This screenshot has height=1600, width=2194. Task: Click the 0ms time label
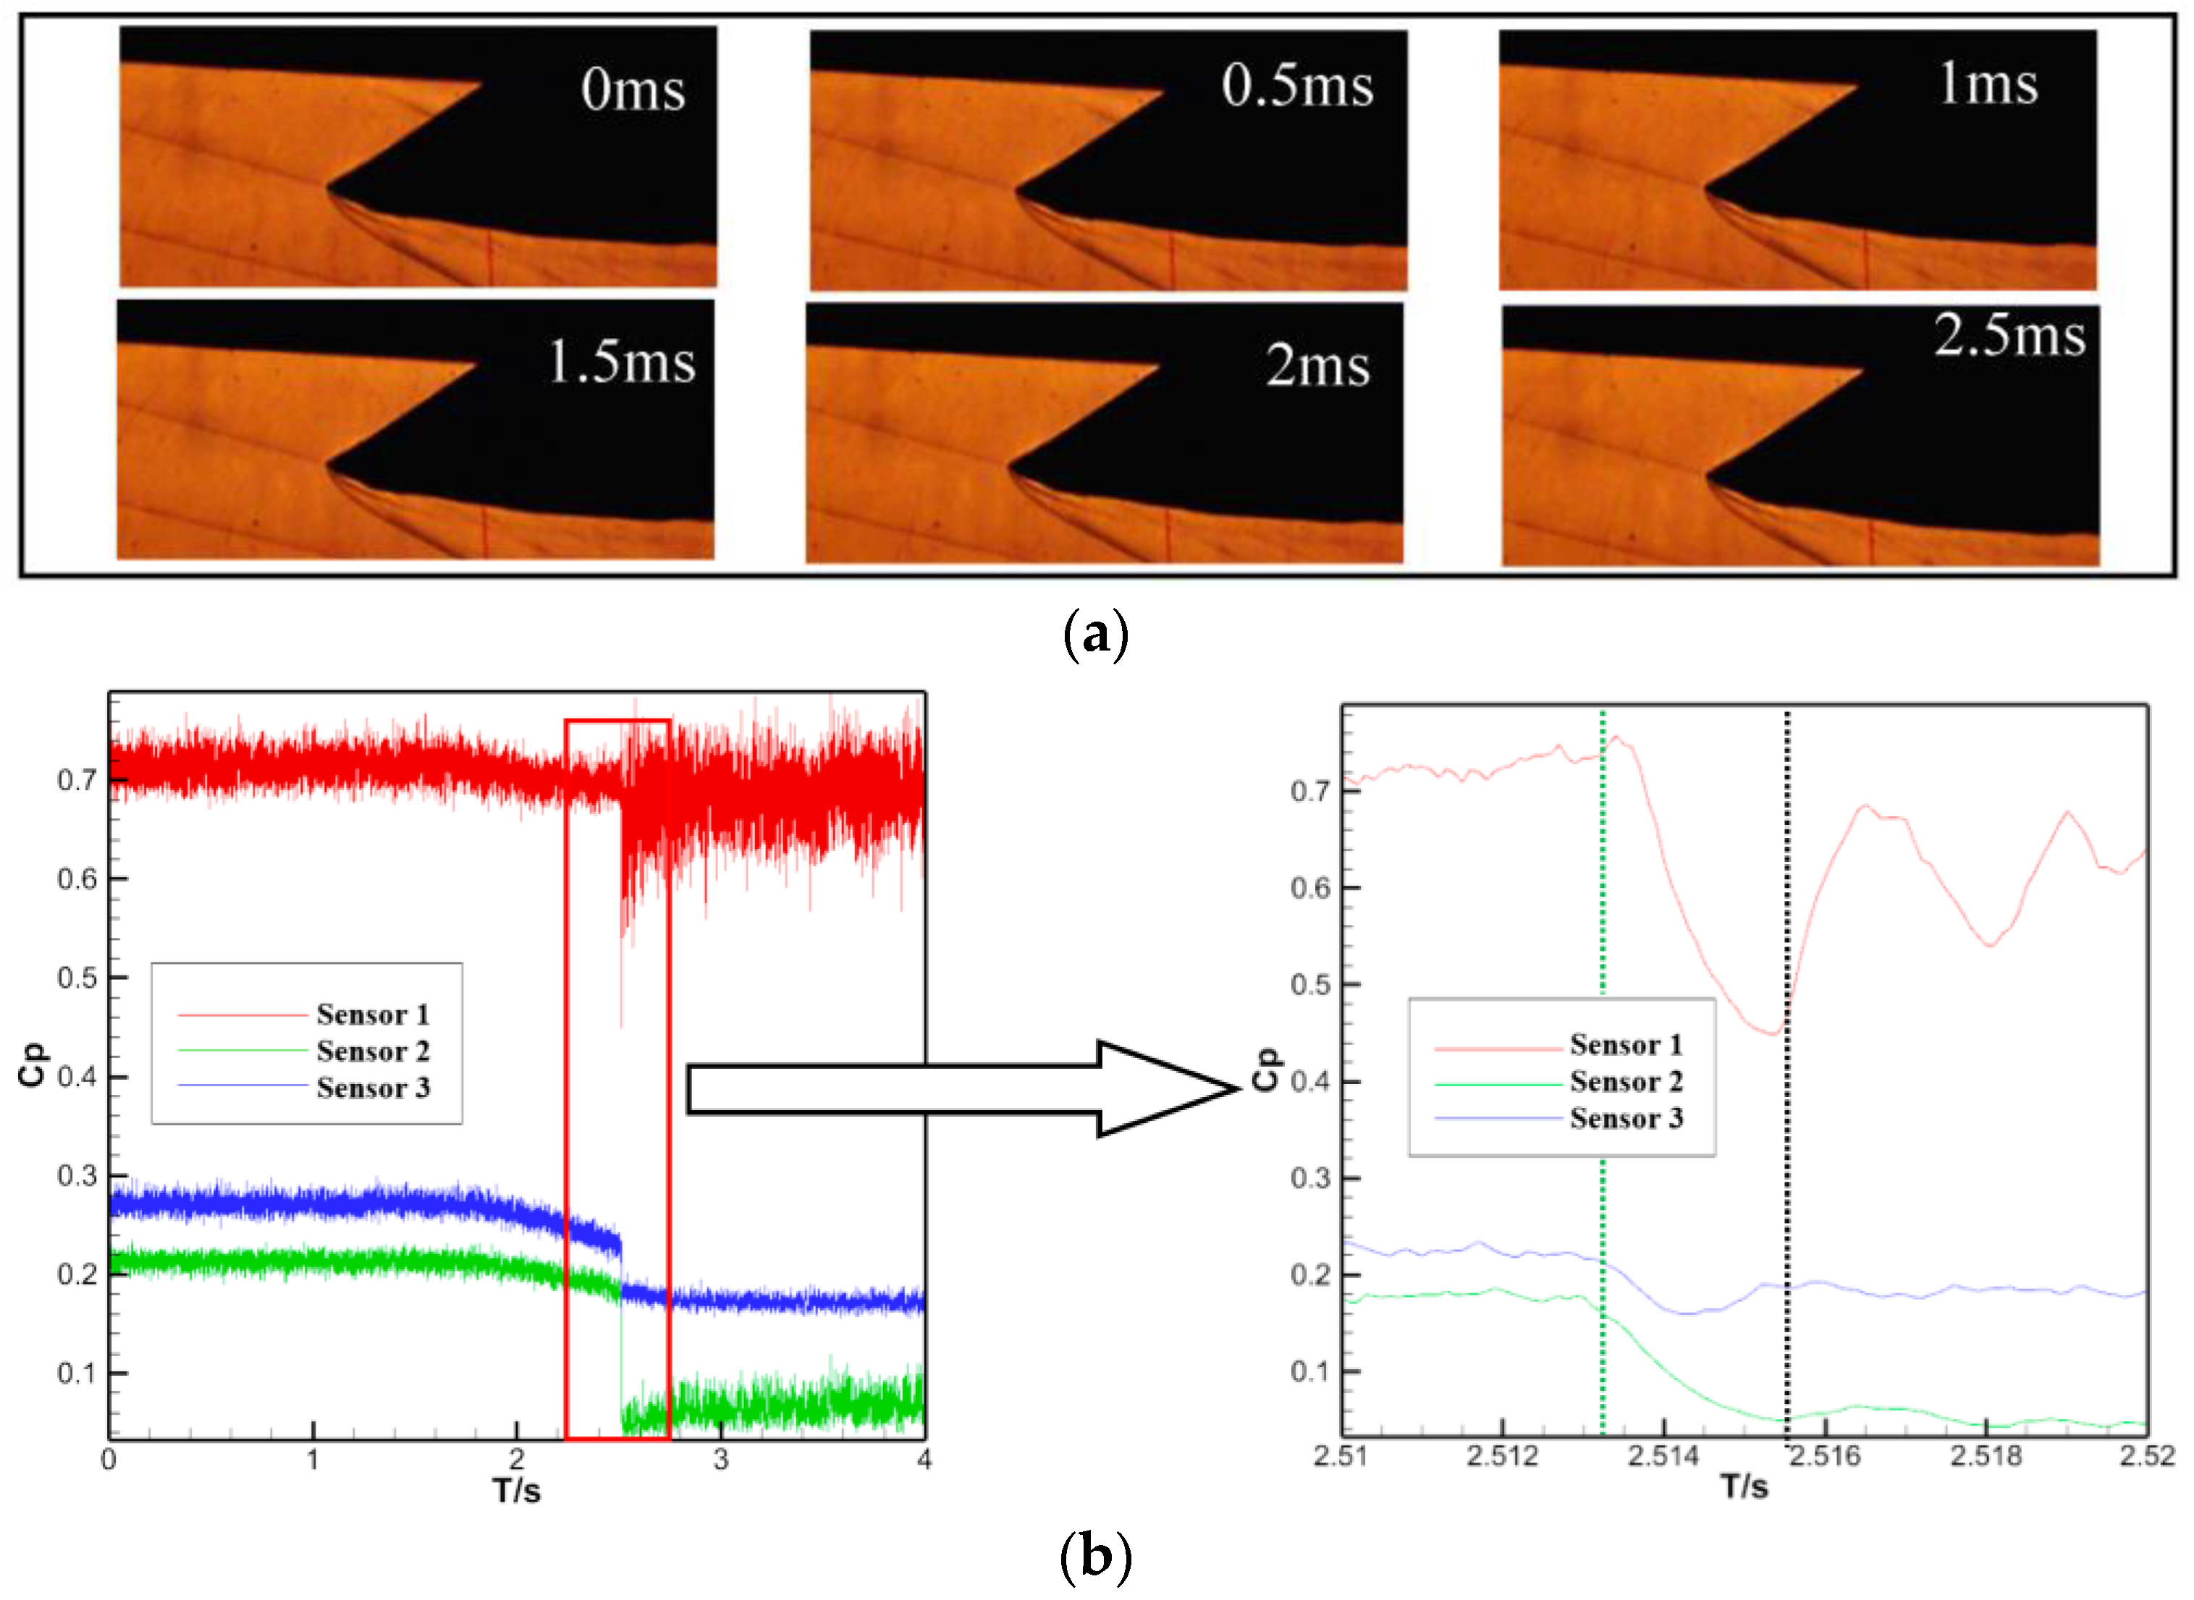(x=633, y=90)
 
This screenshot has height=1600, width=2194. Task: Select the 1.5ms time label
(x=621, y=363)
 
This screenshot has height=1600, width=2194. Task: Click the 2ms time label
(x=1317, y=366)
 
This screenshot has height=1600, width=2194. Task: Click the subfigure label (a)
(x=1094, y=635)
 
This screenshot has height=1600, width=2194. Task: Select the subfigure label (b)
(x=1094, y=1557)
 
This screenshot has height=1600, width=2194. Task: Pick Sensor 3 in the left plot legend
(x=372, y=1088)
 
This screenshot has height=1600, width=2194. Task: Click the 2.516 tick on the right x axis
(x=1825, y=1456)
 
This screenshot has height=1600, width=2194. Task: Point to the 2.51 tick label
(x=1341, y=1456)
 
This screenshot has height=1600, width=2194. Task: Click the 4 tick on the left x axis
(x=924, y=1460)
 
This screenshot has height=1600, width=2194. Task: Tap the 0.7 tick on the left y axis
(x=77, y=779)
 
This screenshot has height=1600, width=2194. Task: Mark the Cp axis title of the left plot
(x=33, y=1065)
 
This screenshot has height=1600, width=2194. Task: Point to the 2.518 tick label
(x=1986, y=1456)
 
